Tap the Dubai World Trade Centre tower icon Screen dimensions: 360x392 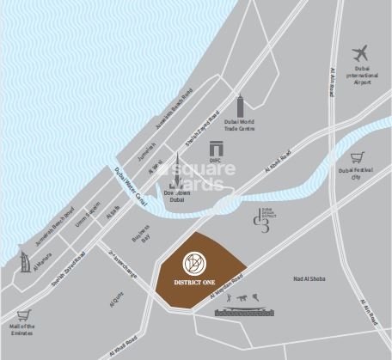tap(241, 105)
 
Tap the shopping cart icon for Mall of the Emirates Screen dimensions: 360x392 tap(23, 314)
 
